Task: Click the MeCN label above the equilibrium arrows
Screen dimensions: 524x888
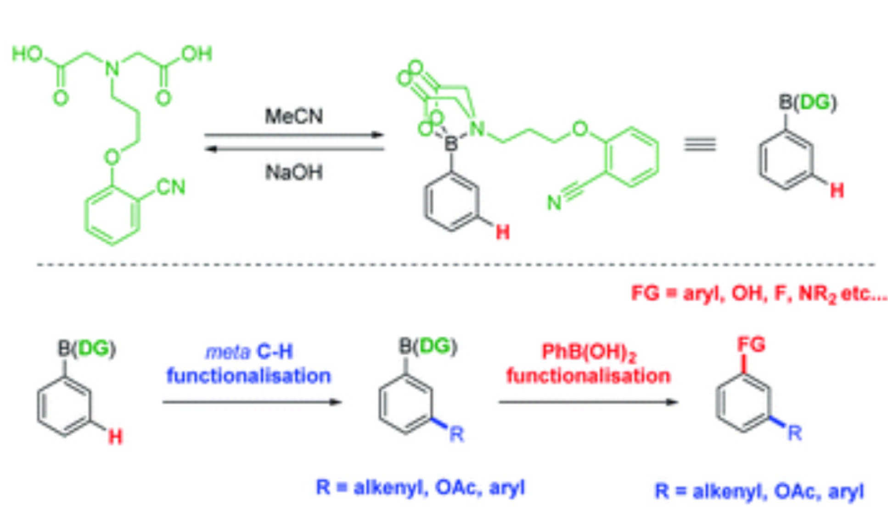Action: point(294,116)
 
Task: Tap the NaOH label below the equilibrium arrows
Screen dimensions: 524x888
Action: point(294,173)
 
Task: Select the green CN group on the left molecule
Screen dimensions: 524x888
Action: point(171,187)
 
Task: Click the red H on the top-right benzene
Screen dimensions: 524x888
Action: point(837,190)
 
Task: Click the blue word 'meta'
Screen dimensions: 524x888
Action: point(228,352)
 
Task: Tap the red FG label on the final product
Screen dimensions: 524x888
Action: point(751,345)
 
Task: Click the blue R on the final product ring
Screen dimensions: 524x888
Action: point(795,433)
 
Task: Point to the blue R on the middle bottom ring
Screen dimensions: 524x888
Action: point(456,434)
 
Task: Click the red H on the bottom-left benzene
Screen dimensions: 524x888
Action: point(115,436)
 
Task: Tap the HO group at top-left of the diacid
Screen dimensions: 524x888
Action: point(27,54)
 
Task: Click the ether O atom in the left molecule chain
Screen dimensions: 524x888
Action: point(112,157)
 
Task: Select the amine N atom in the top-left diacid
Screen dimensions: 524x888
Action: point(112,69)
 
